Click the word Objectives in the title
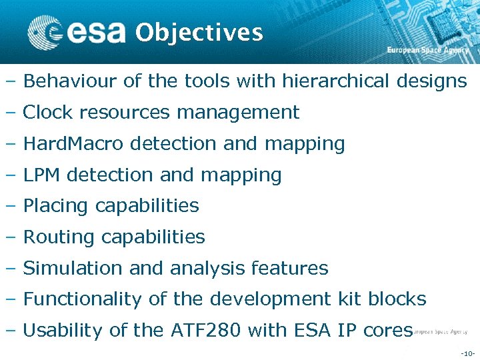(x=199, y=32)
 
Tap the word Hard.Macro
(x=75, y=143)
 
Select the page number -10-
(x=467, y=352)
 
